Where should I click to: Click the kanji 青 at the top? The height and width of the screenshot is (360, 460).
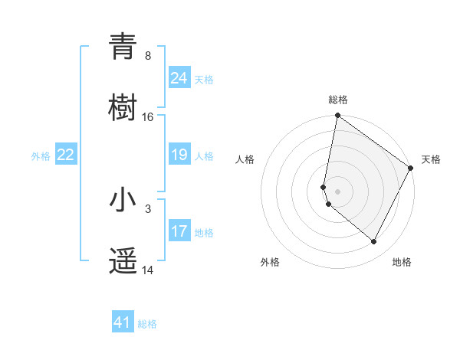pyautogui.click(x=123, y=47)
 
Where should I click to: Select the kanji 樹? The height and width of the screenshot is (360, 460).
pyautogui.click(x=123, y=106)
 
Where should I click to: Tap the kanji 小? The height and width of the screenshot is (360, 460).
pyautogui.click(x=123, y=200)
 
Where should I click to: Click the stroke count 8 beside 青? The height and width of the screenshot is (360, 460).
pyautogui.click(x=147, y=55)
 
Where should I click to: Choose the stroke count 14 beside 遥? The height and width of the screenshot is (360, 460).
pyautogui.click(x=147, y=270)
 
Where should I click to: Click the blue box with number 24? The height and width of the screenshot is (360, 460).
pyautogui.click(x=179, y=77)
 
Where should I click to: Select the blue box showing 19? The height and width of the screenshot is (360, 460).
pyautogui.click(x=179, y=155)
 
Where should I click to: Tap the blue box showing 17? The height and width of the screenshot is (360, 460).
pyautogui.click(x=179, y=231)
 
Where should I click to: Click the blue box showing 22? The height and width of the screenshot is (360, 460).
pyautogui.click(x=66, y=155)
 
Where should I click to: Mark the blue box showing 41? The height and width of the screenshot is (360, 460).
pyautogui.click(x=123, y=322)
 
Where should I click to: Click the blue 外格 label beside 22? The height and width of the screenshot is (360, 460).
pyautogui.click(x=41, y=156)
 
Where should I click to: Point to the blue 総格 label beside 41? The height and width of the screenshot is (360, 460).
pyautogui.click(x=147, y=324)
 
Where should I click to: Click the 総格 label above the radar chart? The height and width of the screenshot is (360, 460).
pyautogui.click(x=338, y=100)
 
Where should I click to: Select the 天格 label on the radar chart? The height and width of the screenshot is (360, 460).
pyautogui.click(x=431, y=159)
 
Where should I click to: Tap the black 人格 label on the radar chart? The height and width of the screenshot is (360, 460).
pyautogui.click(x=245, y=159)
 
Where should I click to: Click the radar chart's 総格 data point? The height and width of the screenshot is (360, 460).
pyautogui.click(x=337, y=116)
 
